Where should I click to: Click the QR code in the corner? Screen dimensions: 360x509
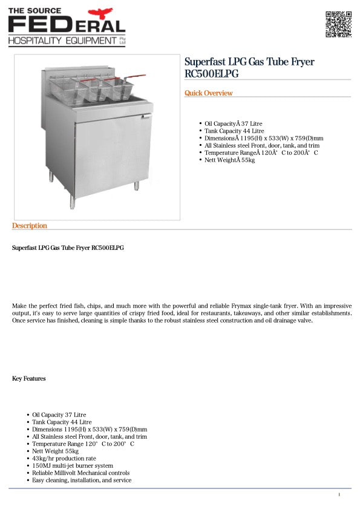[x=338, y=24]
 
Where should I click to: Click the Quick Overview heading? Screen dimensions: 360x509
[x=208, y=93]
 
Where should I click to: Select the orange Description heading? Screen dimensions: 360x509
[x=29, y=226]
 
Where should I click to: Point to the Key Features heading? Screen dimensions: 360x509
[x=29, y=379]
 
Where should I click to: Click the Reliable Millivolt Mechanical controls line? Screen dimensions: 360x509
[x=80, y=473]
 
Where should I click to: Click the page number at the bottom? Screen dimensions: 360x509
[x=339, y=495]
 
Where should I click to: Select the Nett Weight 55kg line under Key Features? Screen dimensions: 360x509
[x=55, y=451]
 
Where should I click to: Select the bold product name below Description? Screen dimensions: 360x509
[x=68, y=248]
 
